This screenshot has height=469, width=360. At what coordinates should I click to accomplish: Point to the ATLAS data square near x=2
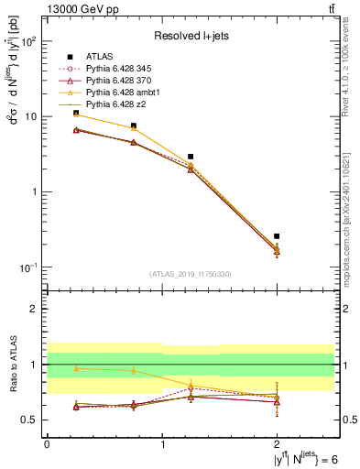277,236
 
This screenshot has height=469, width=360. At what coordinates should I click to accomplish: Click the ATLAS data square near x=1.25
191,157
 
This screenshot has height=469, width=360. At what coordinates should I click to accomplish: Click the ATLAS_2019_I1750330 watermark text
191,274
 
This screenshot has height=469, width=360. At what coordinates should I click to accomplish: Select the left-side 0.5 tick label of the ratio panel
31,420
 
